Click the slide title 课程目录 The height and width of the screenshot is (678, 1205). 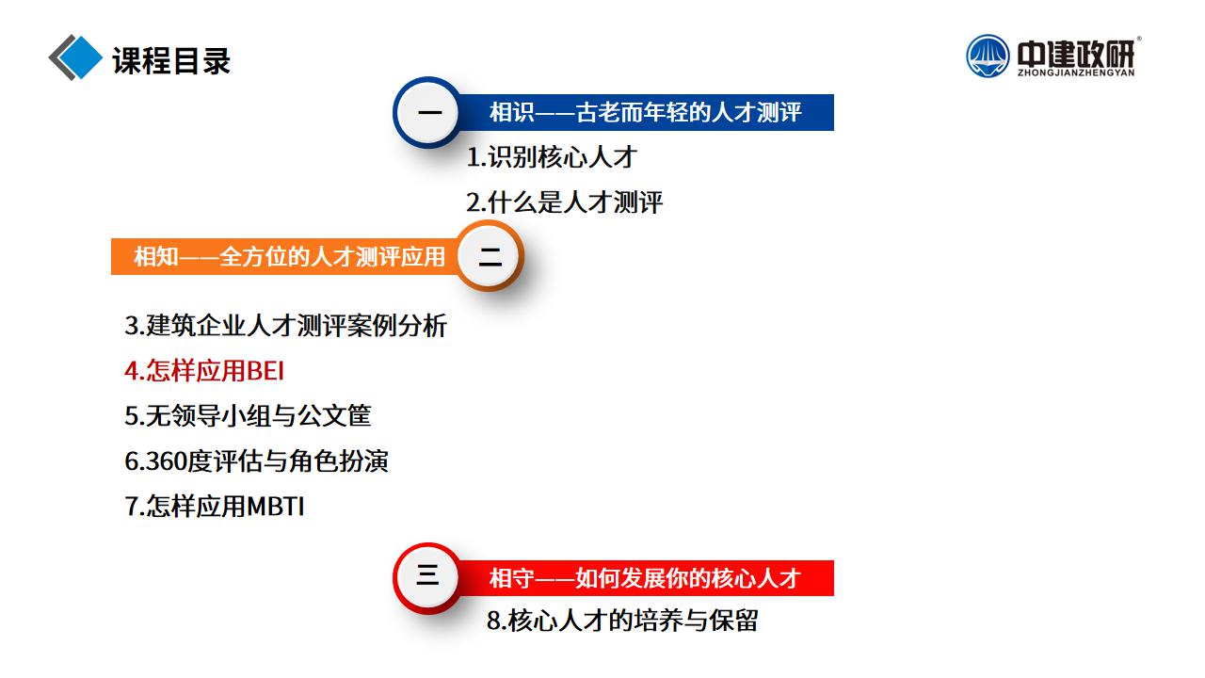(171, 60)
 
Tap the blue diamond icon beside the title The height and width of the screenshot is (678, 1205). (80, 57)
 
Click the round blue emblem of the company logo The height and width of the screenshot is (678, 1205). (988, 56)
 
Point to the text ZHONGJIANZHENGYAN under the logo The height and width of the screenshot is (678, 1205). (1076, 73)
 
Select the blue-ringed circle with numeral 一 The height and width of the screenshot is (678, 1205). (428, 112)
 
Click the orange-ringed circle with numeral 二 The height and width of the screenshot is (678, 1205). (490, 256)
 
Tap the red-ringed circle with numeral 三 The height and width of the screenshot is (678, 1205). (428, 578)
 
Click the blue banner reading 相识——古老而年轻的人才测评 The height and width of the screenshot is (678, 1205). (646, 112)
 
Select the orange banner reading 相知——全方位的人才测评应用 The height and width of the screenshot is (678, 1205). (285, 257)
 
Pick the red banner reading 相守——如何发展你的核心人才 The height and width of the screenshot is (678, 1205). (646, 578)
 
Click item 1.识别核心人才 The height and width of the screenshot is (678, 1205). (552, 157)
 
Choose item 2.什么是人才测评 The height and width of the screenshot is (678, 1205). (564, 202)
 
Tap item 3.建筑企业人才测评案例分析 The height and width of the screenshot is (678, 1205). (285, 326)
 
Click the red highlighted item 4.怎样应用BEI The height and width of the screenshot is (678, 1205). (204, 371)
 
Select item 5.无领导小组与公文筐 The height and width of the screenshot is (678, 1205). (248, 416)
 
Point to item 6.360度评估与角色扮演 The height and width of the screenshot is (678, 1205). (256, 461)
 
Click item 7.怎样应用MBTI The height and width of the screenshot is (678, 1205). (214, 507)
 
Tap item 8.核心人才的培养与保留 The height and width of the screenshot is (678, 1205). (622, 621)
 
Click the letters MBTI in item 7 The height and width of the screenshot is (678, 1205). (276, 507)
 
